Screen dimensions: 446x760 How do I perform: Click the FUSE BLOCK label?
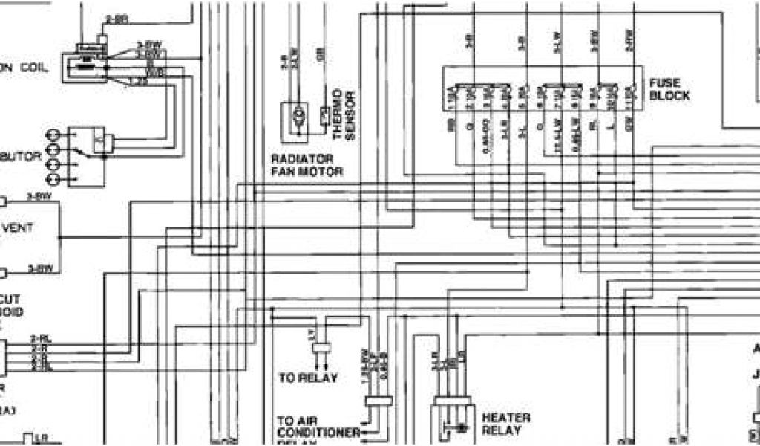point(669,89)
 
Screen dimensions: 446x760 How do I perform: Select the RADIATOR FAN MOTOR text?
point(307,165)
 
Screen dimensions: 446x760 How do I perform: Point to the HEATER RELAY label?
point(506,424)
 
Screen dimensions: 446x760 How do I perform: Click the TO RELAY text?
point(307,378)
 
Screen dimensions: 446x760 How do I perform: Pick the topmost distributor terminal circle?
point(53,135)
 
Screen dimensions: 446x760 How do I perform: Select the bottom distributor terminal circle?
point(53,180)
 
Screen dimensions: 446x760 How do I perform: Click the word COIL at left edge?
point(35,67)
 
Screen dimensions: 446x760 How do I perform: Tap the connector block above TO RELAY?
point(321,347)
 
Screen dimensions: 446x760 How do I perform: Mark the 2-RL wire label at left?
point(40,339)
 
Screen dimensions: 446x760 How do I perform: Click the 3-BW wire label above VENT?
point(40,195)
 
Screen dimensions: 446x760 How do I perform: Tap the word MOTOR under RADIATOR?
point(327,172)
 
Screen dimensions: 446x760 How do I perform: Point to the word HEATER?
point(506,418)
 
